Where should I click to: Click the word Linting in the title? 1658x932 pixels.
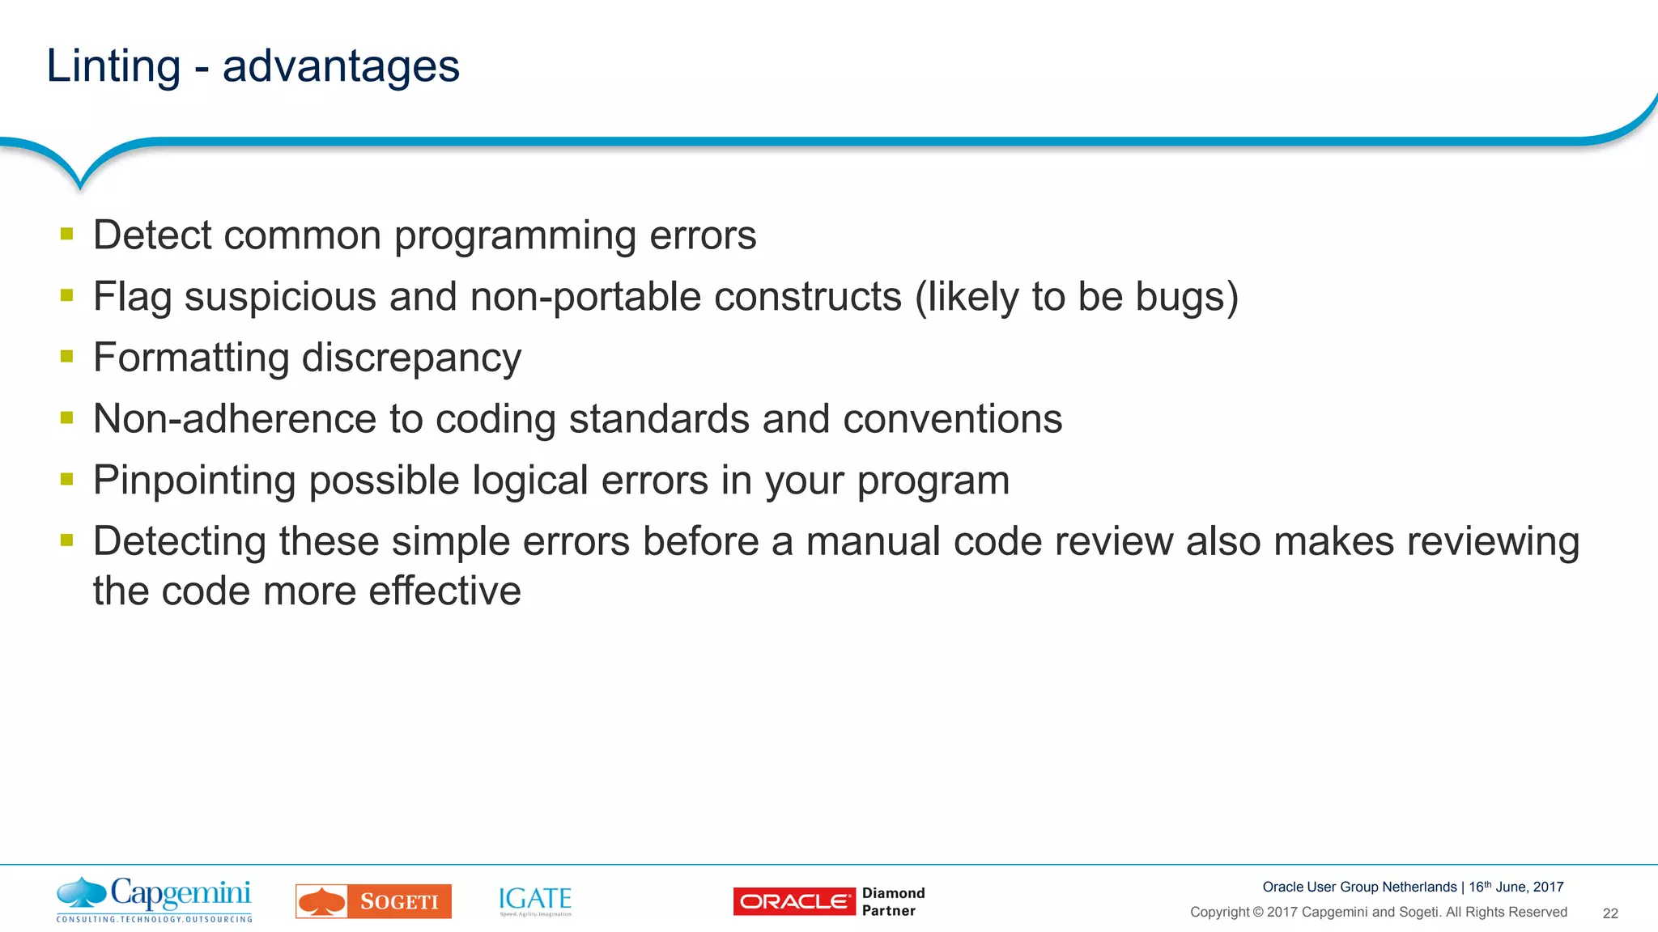113,66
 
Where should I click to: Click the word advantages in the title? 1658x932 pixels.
341,66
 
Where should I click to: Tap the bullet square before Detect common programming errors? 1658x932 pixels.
67,235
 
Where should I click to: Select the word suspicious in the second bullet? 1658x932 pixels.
280,296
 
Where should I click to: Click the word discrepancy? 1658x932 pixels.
411,358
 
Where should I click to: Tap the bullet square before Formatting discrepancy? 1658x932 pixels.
67,356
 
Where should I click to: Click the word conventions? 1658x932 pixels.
952,419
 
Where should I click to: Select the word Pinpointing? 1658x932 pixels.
194,481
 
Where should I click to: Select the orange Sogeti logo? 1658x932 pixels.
373,901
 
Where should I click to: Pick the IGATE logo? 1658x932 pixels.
535,900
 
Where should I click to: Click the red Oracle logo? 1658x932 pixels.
793,901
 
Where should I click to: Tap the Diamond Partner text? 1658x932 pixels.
892,901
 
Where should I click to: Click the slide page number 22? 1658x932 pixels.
1609,913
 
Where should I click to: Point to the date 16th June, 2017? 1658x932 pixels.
1516,887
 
